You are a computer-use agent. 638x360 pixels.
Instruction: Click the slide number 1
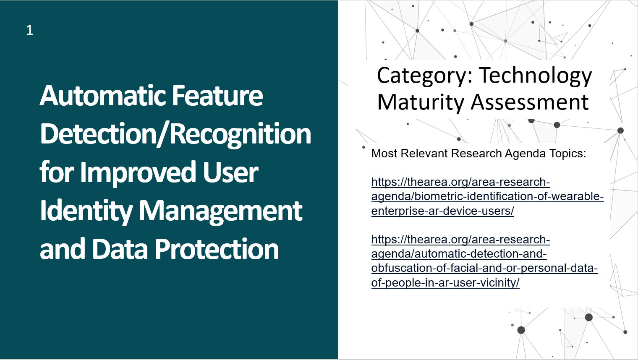(x=29, y=30)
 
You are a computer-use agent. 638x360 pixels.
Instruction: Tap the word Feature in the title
(x=217, y=96)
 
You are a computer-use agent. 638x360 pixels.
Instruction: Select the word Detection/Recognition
(x=175, y=134)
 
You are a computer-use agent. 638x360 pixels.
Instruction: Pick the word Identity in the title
(x=86, y=211)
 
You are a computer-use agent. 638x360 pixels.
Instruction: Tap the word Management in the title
(x=220, y=211)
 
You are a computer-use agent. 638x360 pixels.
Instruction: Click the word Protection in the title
(x=217, y=249)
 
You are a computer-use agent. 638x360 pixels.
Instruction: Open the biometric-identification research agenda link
(x=487, y=196)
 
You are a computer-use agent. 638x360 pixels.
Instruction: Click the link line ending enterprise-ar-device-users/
(x=442, y=211)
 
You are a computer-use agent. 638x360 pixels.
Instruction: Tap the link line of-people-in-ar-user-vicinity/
(x=445, y=283)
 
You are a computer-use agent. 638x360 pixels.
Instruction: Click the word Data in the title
(x=121, y=249)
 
